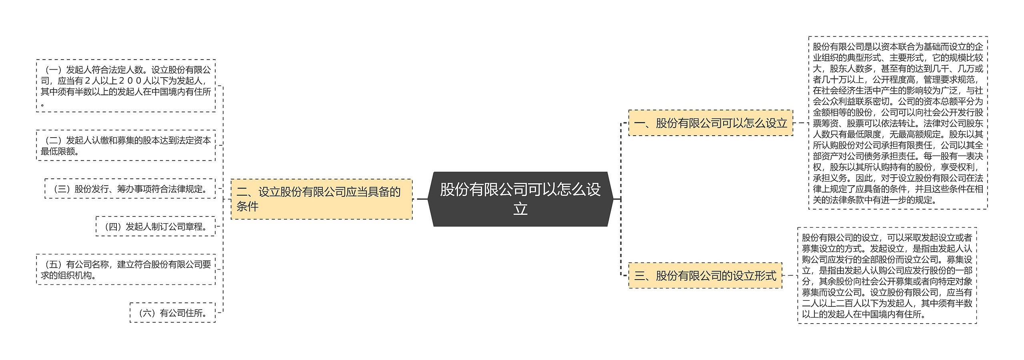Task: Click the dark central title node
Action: [520, 199]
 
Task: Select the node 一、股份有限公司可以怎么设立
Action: [710, 123]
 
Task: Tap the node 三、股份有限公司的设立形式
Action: [705, 276]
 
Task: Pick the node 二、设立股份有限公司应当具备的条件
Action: [322, 199]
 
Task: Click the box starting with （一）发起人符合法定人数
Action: [126, 86]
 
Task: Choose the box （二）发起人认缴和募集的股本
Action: [126, 145]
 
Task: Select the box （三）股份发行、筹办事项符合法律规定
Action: [130, 189]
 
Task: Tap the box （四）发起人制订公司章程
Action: [155, 226]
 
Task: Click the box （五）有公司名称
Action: [126, 269]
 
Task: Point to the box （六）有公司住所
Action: [172, 312]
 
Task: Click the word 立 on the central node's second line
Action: [520, 209]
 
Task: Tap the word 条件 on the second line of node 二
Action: [248, 206]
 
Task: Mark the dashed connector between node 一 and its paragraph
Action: [800, 123]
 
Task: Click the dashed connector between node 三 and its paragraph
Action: [790, 276]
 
